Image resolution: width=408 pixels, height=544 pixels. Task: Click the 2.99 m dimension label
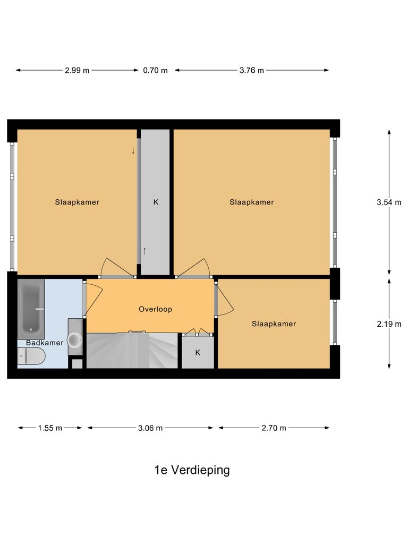(77, 70)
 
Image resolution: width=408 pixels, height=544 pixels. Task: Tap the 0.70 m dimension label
(155, 70)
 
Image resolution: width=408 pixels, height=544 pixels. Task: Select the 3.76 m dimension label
(252, 70)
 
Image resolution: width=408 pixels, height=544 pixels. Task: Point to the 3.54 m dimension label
(389, 202)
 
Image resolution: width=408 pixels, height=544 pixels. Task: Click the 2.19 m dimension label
(389, 324)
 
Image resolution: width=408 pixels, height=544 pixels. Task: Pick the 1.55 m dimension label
(50, 428)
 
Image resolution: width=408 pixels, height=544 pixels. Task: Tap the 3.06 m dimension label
(150, 428)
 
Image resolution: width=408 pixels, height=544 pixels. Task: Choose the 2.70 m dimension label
(274, 428)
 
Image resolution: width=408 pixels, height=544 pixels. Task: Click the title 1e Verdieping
(192, 470)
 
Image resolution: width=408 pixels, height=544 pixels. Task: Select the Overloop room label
(155, 309)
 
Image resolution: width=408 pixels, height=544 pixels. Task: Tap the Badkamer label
(45, 343)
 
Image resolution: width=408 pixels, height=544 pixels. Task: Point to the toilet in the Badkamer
(31, 358)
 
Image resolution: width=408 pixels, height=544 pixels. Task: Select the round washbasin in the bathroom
(75, 338)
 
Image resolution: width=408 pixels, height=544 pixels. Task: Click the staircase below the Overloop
(132, 350)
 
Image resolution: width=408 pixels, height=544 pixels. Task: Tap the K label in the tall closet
(156, 202)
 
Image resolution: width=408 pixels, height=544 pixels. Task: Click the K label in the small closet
(198, 352)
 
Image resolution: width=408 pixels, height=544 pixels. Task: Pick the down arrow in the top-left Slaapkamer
(133, 151)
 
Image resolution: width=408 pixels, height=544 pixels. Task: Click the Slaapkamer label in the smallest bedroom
(274, 324)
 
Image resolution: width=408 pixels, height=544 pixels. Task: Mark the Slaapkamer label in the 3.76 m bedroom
(252, 202)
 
